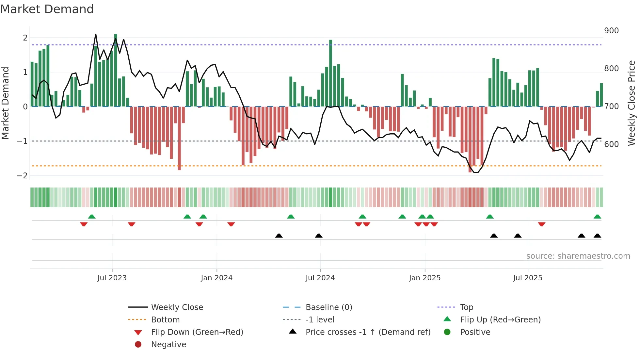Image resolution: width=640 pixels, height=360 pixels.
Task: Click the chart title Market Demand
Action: (47, 9)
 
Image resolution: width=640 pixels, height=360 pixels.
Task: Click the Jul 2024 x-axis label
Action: (320, 278)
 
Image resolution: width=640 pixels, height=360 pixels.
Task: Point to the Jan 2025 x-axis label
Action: (424, 278)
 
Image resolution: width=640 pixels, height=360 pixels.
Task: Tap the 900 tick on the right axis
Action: (611, 31)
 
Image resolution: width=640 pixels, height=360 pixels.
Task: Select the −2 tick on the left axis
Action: (23, 176)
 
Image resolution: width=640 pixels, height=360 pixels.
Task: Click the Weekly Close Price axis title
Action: (632, 103)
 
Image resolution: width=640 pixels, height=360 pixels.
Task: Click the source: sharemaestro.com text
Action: (578, 256)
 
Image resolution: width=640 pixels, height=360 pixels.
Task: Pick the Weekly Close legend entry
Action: (177, 307)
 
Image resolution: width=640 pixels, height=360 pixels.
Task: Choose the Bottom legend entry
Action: (165, 320)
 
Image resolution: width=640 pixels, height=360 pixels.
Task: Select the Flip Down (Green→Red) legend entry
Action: (197, 332)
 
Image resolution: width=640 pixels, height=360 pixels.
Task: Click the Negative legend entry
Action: (168, 345)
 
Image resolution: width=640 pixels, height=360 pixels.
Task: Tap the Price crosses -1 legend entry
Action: (368, 332)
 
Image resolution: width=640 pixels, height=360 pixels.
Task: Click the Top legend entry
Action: (466, 307)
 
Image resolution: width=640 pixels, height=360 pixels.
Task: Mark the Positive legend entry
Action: (475, 332)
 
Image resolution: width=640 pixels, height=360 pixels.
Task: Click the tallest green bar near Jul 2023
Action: (116, 70)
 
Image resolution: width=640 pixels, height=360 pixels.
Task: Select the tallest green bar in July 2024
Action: (330, 73)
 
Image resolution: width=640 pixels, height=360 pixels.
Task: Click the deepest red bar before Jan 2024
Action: (179, 138)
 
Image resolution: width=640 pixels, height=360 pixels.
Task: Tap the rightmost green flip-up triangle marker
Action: (597, 217)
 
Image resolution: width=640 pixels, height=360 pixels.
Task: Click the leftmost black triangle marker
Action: (279, 236)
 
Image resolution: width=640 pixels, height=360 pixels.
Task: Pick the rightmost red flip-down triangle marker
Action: (542, 224)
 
